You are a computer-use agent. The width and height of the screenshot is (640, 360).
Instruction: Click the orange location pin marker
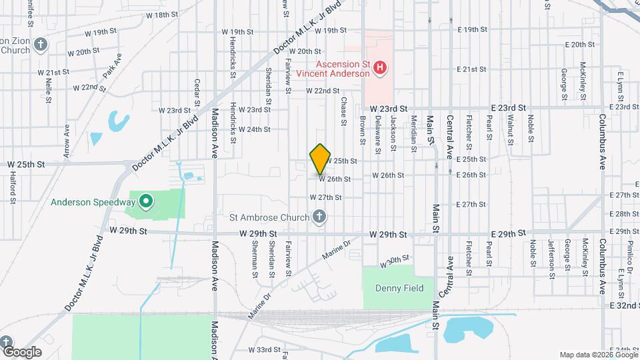click(321, 159)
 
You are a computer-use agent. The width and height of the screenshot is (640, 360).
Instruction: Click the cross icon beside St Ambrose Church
click(319, 217)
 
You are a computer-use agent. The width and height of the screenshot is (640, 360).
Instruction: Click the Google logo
click(22, 351)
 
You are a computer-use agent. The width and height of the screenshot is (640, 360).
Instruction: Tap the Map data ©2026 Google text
click(599, 355)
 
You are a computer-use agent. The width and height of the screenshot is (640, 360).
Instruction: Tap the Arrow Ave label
click(67, 141)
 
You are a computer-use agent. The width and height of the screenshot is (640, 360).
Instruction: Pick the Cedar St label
click(197, 93)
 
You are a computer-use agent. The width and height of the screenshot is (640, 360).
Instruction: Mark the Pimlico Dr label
click(629, 257)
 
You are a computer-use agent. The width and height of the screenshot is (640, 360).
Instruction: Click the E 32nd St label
click(624, 304)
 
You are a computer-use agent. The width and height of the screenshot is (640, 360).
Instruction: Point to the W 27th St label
click(325, 197)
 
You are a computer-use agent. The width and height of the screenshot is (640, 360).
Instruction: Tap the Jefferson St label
click(551, 256)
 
